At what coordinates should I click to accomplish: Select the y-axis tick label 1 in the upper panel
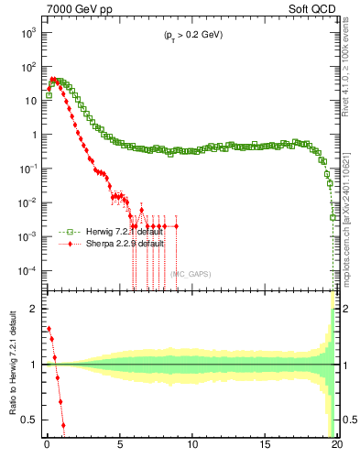(x=34, y=135)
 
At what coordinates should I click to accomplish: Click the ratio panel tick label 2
(x=34, y=309)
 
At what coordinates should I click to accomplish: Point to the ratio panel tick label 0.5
(x=30, y=420)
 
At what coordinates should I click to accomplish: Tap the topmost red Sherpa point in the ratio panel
(x=49, y=329)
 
